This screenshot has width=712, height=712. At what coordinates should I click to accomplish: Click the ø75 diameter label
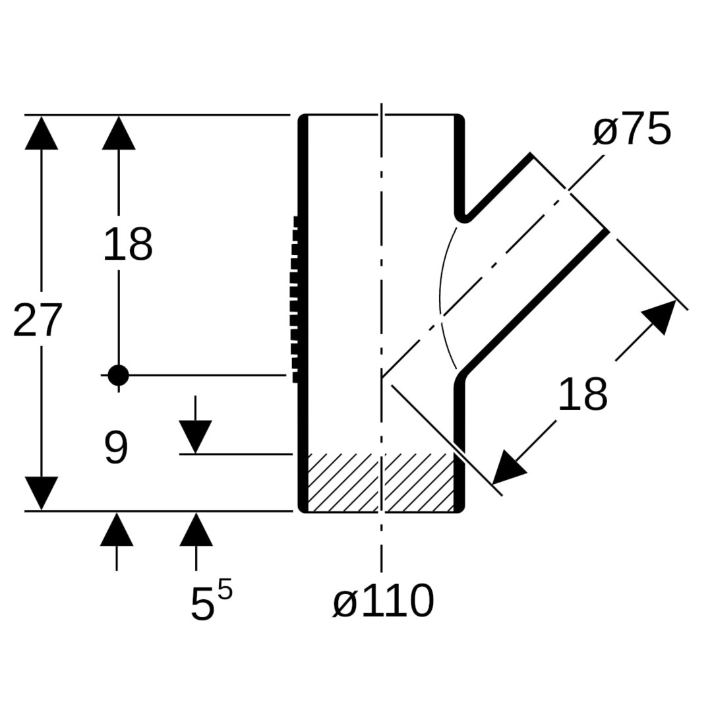632,130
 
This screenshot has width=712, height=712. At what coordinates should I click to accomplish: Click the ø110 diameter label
383,601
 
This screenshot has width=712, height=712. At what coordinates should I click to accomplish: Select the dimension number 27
38,321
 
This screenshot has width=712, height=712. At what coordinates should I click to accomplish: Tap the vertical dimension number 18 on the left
128,245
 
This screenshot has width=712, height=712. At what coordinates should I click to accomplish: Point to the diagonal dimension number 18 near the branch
582,396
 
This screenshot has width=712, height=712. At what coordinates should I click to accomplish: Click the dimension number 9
116,448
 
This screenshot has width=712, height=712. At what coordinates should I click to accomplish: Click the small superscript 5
225,589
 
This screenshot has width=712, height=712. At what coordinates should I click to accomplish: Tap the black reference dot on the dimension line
118,375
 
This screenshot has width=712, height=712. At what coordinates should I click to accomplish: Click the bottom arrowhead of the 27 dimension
41,492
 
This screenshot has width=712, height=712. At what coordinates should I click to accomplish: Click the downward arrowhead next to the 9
195,436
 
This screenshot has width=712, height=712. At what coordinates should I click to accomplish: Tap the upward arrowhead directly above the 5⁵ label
196,530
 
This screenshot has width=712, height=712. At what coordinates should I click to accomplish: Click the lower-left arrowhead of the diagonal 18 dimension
508,469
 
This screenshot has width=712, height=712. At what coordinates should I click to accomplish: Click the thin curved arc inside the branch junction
440,297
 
